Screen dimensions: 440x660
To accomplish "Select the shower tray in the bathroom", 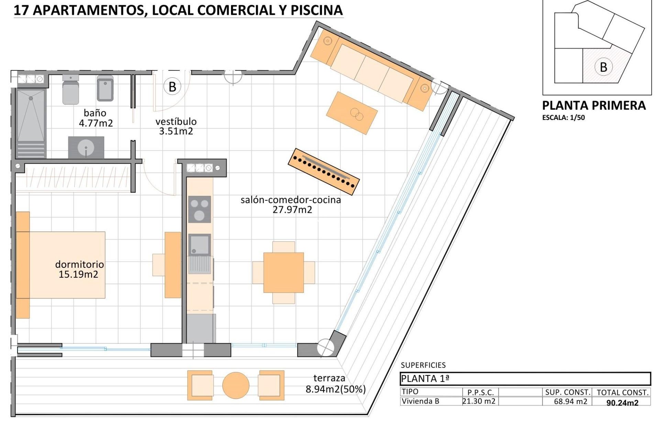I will (x=31, y=115).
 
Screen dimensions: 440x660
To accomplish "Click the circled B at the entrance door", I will (x=173, y=87).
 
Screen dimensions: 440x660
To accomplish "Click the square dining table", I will (x=284, y=273).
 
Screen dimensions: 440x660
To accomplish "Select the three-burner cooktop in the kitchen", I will (x=199, y=209).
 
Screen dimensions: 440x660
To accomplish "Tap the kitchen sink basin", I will (x=199, y=245).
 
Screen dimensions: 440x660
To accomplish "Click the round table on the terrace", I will (x=236, y=385).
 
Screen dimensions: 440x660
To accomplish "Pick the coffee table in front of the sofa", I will (x=352, y=113).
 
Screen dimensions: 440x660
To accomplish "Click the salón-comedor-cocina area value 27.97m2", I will (x=292, y=210).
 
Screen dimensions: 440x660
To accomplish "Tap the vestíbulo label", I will (x=176, y=121).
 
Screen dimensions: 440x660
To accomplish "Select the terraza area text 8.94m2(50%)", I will (x=335, y=389).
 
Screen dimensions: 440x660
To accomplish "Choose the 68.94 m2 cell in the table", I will (x=570, y=401).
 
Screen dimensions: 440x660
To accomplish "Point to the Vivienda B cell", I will (x=420, y=401).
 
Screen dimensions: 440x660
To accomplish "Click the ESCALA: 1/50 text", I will (x=563, y=118).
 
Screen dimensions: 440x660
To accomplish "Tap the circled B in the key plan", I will (x=603, y=67).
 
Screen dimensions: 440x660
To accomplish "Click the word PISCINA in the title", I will (x=317, y=10).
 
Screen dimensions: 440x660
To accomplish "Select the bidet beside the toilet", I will (x=105, y=89).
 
